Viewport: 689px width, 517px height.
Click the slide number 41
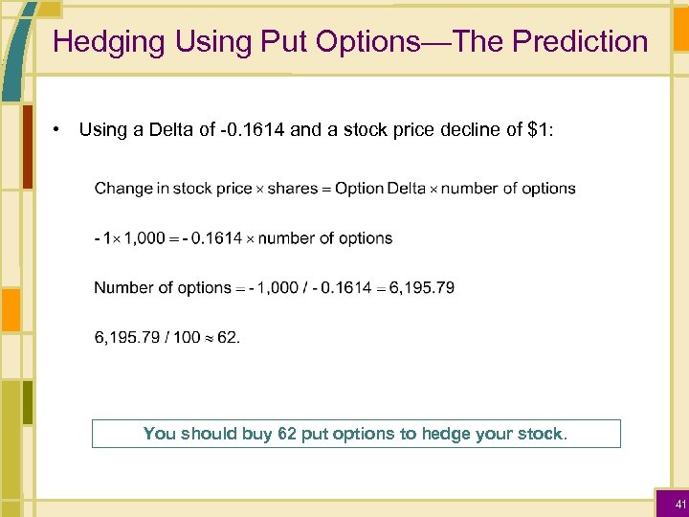(x=680, y=504)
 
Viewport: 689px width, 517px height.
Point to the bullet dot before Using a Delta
(x=58, y=128)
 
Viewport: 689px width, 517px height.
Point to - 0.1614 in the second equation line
(x=212, y=238)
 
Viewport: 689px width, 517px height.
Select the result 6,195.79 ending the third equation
(x=422, y=288)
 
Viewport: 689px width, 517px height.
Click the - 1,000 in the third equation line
(x=272, y=288)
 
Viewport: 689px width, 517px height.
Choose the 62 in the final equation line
(x=228, y=337)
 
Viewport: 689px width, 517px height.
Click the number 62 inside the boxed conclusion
(x=286, y=434)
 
